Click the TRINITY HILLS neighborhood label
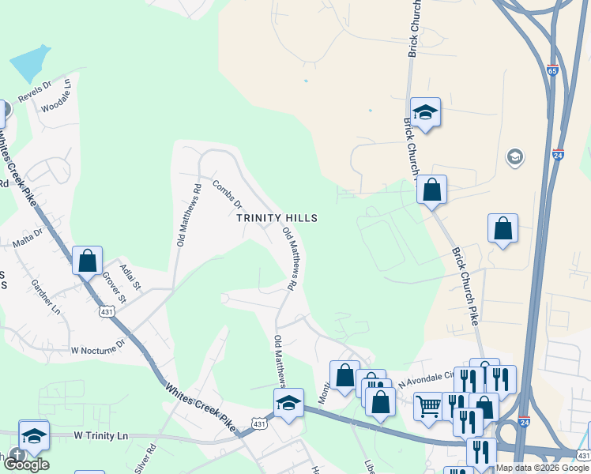278,218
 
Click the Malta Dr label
26,238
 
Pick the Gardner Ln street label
45,296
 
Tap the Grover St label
113,288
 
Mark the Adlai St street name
131,275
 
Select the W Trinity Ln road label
101,435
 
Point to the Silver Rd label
146,457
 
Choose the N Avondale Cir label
427,381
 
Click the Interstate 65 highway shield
552,70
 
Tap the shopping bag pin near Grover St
88,260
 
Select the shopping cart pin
428,407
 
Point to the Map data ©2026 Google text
543,468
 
